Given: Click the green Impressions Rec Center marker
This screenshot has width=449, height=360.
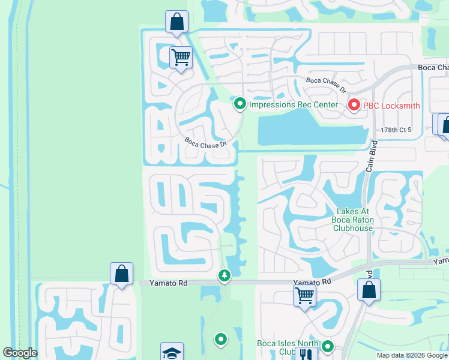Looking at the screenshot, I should tap(240, 104).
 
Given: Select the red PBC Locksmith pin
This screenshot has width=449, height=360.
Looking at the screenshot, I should tap(354, 106).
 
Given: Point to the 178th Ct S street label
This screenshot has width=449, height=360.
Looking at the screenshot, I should tap(397, 130).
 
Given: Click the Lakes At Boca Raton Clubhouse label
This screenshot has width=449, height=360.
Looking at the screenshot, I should tap(355, 220).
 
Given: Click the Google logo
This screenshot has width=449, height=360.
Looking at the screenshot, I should tap(20, 353).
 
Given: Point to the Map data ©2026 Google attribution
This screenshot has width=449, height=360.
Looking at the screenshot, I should tap(412, 355).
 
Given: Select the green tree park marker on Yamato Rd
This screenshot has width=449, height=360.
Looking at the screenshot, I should tap(224, 275).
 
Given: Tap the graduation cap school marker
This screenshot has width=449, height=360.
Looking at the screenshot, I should tap(172, 352).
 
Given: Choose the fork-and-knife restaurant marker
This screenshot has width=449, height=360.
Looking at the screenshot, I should tap(306, 354).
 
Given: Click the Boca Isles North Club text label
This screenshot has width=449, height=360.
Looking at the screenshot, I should tap(287, 347).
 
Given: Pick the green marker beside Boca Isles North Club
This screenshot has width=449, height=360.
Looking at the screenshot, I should tap(328, 346).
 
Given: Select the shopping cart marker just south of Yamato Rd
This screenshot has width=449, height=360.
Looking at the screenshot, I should tap(305, 295).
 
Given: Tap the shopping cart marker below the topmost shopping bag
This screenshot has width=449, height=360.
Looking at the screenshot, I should tap(181, 57).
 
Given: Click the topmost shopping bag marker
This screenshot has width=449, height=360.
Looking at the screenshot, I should tap(177, 22).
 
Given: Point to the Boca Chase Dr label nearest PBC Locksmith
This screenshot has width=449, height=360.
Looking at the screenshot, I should tap(326, 84).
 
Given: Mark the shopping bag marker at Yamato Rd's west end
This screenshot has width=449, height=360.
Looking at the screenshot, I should tap(121, 274).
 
